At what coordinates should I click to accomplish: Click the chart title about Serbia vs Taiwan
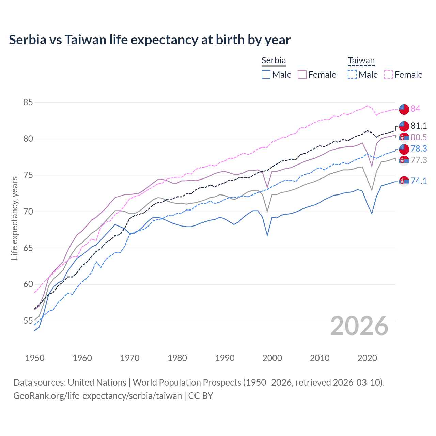tap(150, 40)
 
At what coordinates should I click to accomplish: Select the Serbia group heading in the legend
tap(274, 60)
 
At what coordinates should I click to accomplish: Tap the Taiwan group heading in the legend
tap(361, 61)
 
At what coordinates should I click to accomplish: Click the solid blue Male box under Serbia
tap(266, 75)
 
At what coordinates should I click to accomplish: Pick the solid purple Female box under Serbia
tap(302, 75)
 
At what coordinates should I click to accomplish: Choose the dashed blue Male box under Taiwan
tap(352, 75)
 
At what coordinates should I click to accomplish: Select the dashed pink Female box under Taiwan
tap(389, 75)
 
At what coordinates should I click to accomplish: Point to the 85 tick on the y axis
tap(28, 102)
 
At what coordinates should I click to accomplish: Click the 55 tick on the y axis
tap(28, 321)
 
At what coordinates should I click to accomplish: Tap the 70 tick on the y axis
tap(28, 212)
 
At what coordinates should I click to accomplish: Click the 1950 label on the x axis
tap(35, 358)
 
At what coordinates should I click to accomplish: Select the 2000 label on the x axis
tap(272, 358)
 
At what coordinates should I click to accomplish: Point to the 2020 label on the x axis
tap(367, 358)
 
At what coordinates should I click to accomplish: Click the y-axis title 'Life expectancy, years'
tap(14, 218)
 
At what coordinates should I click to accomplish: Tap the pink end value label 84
tap(415, 109)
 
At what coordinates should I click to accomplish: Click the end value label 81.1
tap(419, 126)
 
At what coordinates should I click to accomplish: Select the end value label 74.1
tap(419, 181)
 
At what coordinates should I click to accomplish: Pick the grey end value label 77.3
tap(419, 160)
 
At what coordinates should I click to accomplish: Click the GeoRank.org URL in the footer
tap(97, 396)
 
